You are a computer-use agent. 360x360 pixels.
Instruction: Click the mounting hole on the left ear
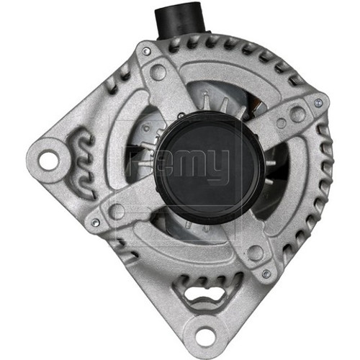(48, 159)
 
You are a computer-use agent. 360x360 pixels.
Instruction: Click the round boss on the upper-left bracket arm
(158, 72)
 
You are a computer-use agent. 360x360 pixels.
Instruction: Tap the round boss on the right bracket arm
(297, 113)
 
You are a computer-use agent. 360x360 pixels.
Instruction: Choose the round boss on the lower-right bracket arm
(255, 252)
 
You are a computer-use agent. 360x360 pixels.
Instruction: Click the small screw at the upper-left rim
(147, 52)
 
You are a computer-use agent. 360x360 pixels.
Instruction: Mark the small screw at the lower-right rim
(266, 273)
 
